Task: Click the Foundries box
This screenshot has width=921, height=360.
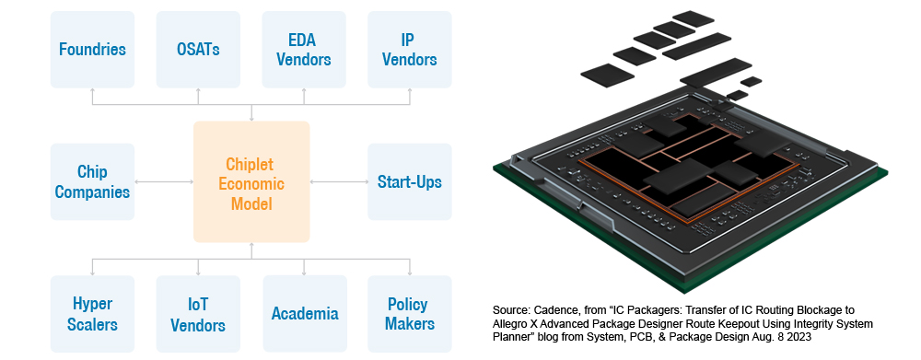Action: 92,49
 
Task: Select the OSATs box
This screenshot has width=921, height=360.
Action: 198,49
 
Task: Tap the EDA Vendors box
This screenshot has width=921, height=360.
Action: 304,49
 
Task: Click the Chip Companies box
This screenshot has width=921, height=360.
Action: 92,181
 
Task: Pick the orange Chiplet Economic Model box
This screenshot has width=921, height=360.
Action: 251,181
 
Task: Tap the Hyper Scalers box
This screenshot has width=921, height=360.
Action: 92,313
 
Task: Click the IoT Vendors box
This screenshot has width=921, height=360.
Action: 198,313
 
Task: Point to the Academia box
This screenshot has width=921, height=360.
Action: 304,313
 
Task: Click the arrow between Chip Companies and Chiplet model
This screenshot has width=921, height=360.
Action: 163,181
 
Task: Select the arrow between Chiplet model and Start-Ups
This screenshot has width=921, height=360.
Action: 338,181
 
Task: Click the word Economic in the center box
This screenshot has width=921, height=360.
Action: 251,182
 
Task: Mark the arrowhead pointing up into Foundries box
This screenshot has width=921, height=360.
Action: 92,92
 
